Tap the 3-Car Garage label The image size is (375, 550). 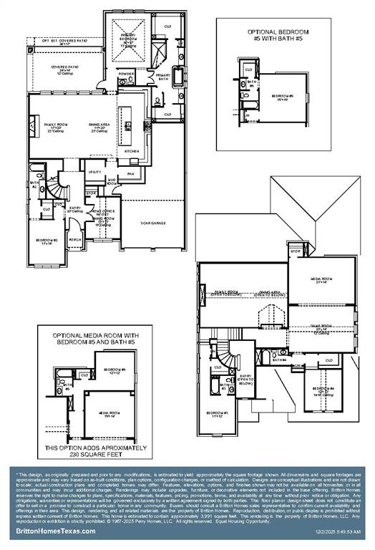pyautogui.click(x=152, y=223)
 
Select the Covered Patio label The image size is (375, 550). pyautogui.click(x=64, y=68)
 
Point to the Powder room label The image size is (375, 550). pyautogui.click(x=126, y=74)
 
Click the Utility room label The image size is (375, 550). pyautogui.click(x=94, y=172)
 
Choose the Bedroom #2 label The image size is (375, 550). pyautogui.click(x=47, y=241)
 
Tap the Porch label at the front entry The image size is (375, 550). pyautogui.click(x=74, y=241)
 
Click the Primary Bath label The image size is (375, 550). pyautogui.click(x=162, y=77)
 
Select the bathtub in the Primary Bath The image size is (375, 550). pyautogui.click(x=177, y=76)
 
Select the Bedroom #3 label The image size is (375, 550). pyautogui.click(x=217, y=413)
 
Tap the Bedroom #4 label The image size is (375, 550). pyautogui.click(x=319, y=390)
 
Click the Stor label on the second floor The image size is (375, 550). pyautogui.click(x=295, y=251)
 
